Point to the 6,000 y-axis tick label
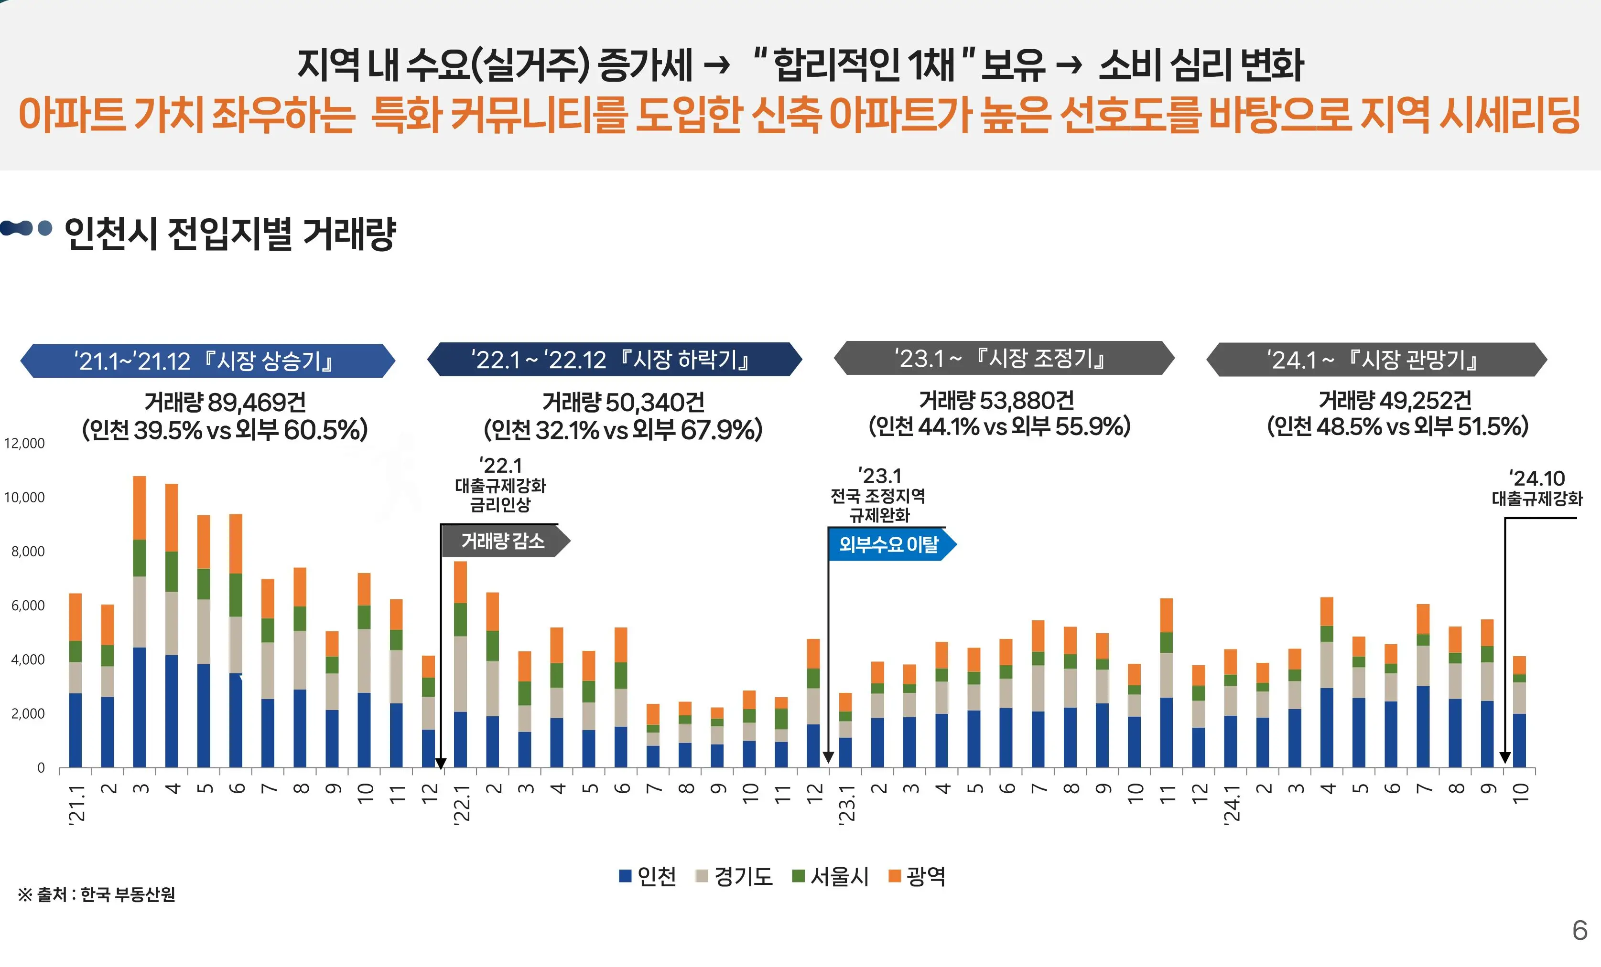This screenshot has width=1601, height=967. (28, 606)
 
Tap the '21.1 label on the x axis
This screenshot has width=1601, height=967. (76, 805)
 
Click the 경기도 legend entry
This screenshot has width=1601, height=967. (734, 877)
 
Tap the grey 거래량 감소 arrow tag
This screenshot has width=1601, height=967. (504, 542)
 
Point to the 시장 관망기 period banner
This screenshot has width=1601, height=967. (1376, 359)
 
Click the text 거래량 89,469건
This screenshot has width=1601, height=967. (225, 403)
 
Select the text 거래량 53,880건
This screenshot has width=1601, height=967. (997, 401)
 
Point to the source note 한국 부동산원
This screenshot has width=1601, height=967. (97, 895)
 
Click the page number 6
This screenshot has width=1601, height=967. (1579, 931)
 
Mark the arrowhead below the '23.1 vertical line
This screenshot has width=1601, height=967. (828, 758)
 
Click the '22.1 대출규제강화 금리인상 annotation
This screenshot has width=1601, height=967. (500, 485)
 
